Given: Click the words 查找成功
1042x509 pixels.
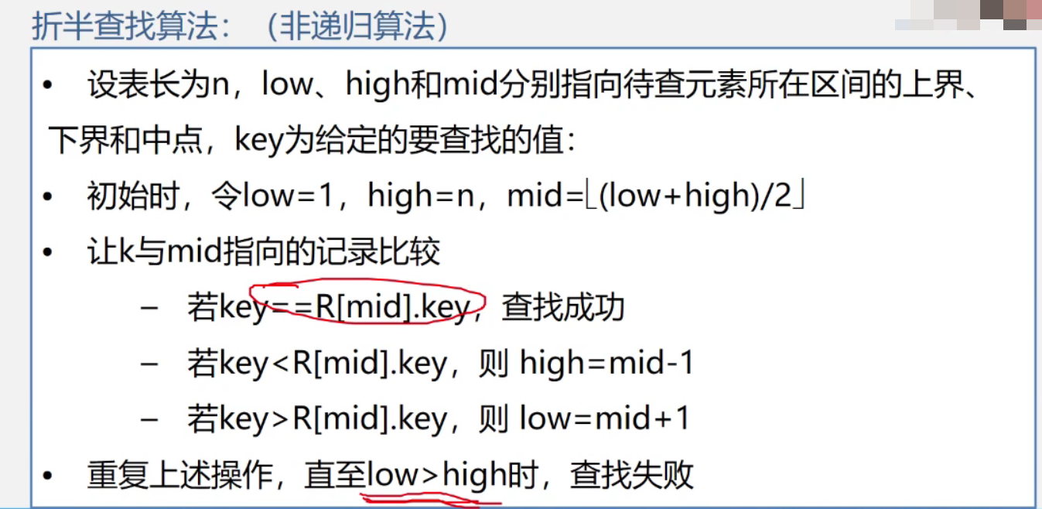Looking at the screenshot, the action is click(562, 308).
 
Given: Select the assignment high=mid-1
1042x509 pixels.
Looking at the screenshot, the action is click(606, 363).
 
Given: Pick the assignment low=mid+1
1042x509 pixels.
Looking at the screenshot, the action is click(604, 418).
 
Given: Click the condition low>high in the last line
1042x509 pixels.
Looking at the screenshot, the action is click(436, 474).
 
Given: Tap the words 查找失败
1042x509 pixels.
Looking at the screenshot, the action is click(631, 474).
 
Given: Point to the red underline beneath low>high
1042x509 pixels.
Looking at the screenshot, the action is click(433, 498).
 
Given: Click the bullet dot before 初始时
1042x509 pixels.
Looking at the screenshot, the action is click(49, 198).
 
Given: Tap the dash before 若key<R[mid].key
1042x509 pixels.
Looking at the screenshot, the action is click(149, 364).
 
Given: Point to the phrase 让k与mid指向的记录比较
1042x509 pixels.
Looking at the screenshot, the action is click(264, 252).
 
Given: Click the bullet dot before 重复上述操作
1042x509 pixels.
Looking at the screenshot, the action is click(49, 476).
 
